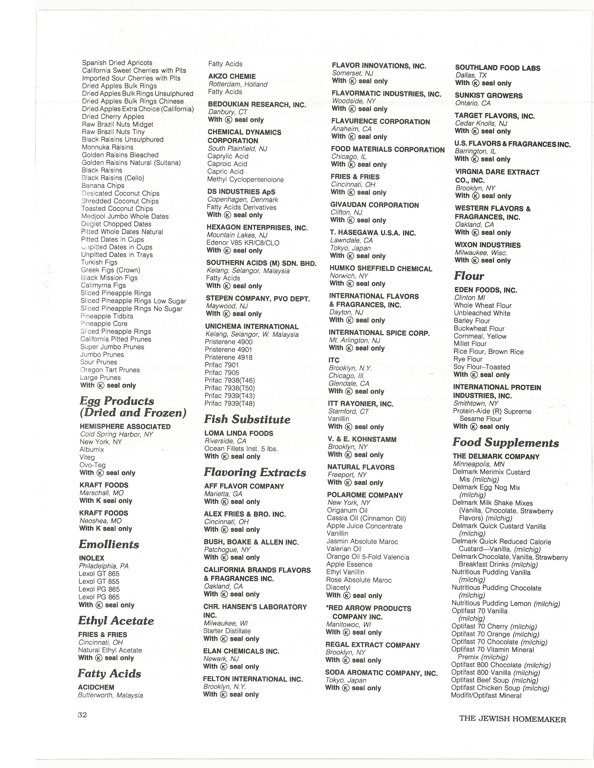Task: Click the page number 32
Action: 82,714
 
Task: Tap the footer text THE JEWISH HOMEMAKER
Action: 512,719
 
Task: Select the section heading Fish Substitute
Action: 247,419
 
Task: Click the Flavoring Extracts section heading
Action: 255,472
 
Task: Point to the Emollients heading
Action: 109,544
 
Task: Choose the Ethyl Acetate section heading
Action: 116,621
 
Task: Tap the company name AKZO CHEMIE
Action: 232,76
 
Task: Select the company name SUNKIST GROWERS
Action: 488,96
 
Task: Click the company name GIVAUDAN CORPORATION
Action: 374,205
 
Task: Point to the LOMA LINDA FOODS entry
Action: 239,433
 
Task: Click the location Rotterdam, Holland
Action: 238,84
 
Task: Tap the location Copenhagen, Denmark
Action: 242,200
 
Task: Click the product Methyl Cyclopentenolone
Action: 245,180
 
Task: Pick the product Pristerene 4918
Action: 229,357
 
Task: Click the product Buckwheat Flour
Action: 479,328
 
